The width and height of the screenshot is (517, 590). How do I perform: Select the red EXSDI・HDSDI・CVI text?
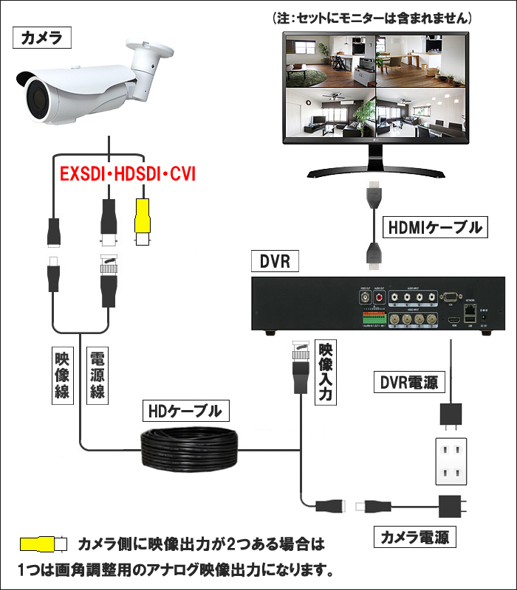(127, 176)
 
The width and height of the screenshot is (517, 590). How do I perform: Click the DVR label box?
(275, 261)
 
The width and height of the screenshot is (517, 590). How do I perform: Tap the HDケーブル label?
(185, 411)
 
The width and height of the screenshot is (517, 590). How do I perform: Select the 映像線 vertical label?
(63, 375)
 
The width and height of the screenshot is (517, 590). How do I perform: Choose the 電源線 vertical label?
(97, 375)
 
